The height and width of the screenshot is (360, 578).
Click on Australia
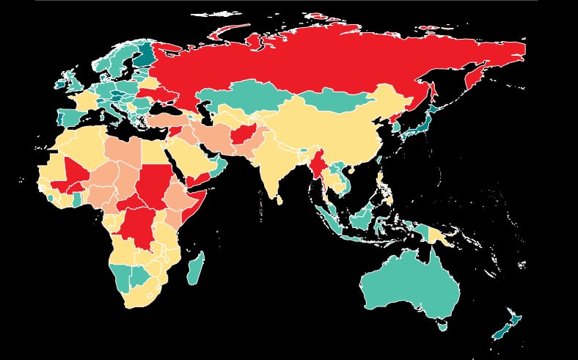click(411, 282)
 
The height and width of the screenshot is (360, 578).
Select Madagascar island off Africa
click(195, 268)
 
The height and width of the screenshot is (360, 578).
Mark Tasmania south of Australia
click(442, 325)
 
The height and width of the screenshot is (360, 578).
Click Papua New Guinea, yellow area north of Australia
click(440, 236)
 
